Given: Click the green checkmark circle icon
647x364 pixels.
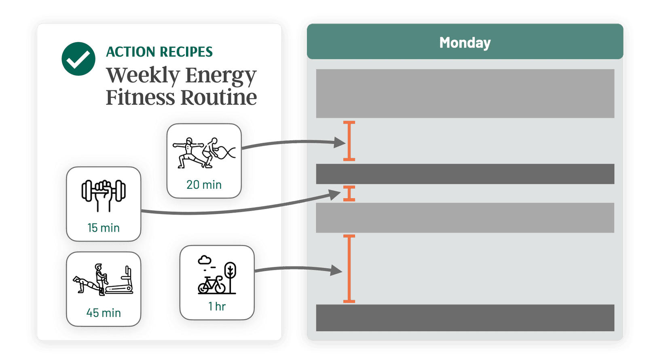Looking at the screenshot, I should [x=78, y=59].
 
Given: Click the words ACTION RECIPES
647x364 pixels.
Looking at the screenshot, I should [x=159, y=52].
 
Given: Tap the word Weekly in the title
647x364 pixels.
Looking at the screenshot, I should [x=143, y=75].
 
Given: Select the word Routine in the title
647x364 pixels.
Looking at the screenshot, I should [x=219, y=97].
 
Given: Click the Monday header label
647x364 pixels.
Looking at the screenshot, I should [x=465, y=42].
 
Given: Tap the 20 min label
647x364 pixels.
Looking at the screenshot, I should [x=204, y=185].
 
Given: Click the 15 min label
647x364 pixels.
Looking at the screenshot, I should [x=104, y=228].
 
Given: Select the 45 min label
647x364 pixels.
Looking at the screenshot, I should [x=104, y=313].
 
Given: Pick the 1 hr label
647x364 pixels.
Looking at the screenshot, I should [x=217, y=306].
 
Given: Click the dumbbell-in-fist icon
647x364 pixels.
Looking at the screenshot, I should [x=104, y=195].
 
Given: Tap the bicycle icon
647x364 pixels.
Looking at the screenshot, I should [x=211, y=285].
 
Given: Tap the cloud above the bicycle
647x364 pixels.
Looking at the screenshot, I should [x=205, y=260].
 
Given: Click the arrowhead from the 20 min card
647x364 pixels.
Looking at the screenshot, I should [x=339, y=142].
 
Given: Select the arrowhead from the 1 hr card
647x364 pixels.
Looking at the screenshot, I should [x=336, y=270].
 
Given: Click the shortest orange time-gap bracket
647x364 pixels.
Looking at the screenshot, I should [x=349, y=193].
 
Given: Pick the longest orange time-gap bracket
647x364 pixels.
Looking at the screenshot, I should [x=349, y=269].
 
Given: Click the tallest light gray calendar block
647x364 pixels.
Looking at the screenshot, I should [x=465, y=93].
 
